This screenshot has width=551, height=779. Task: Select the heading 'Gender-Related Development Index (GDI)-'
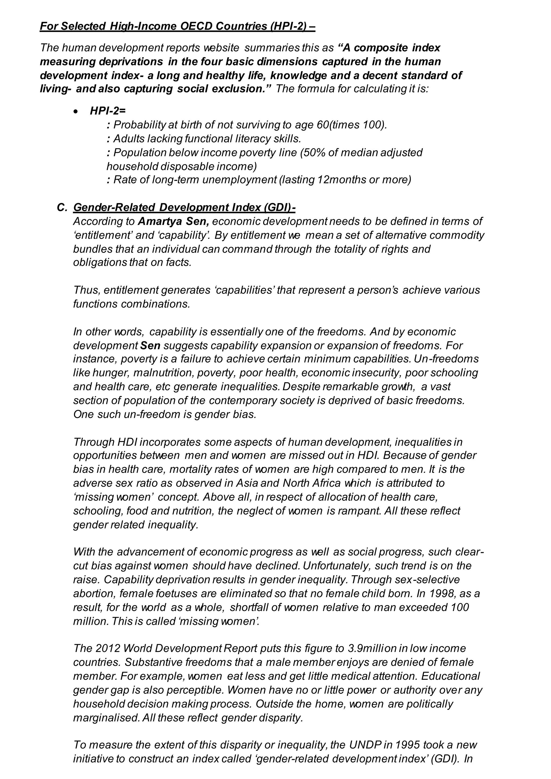pos(184,207)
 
